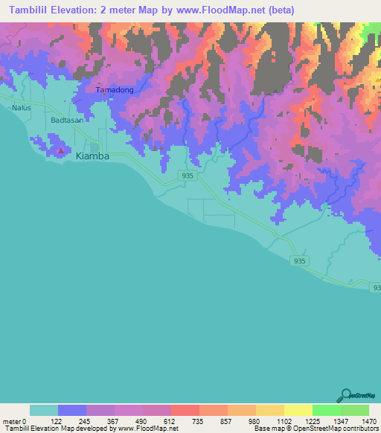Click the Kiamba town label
click(93, 156)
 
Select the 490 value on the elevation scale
click(143, 420)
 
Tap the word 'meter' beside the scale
click(11, 420)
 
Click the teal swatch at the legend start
click(44, 410)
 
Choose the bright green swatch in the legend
click(326, 410)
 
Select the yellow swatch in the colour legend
click(298, 410)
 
